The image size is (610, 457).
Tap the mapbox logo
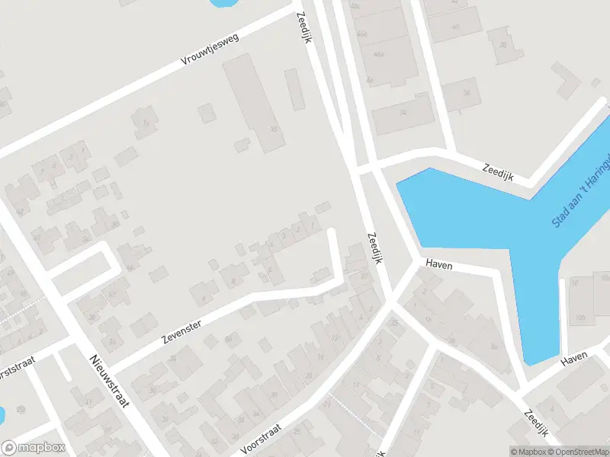pos(32,448)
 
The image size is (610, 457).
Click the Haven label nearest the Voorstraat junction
pos(440,265)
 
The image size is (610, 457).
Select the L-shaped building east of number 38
pos(567,81)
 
